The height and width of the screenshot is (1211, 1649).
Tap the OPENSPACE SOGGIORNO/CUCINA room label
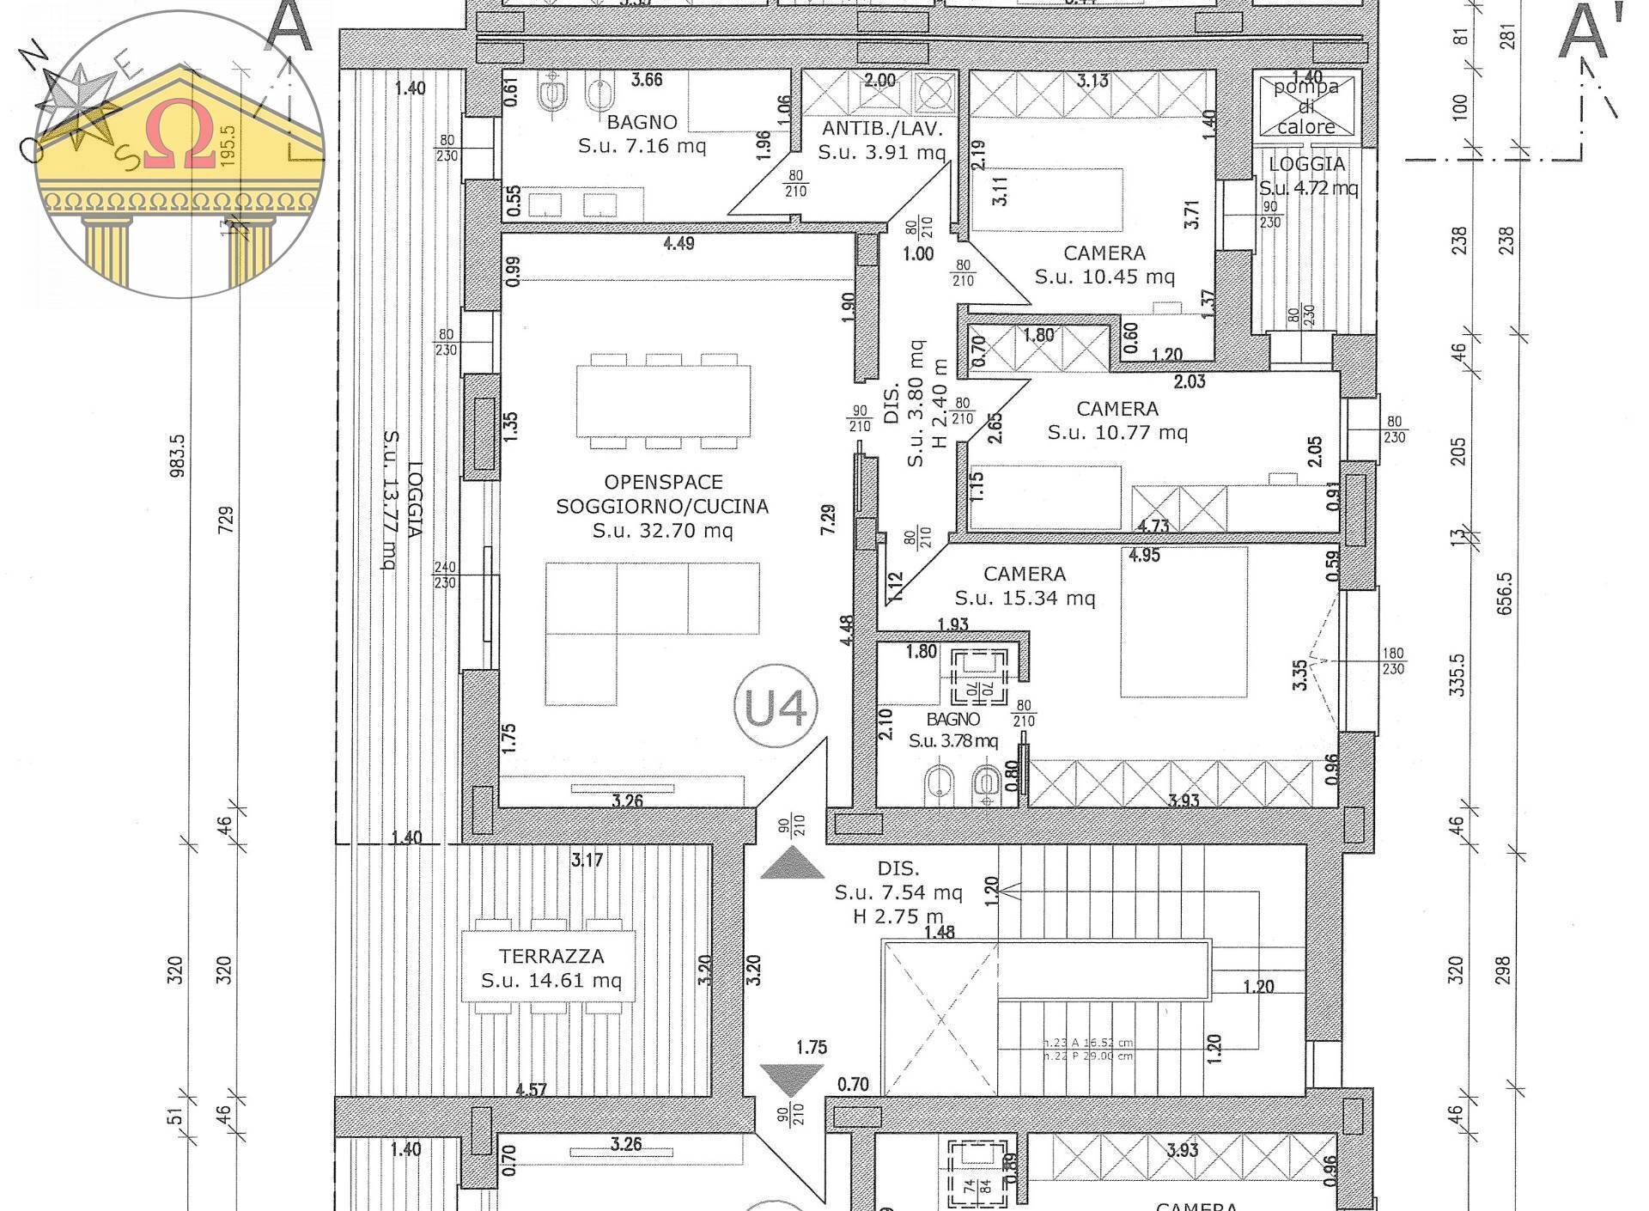pyautogui.click(x=662, y=506)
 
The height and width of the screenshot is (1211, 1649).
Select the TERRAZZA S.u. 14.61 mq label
pyautogui.click(x=551, y=968)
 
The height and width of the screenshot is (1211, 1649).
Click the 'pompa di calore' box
pyautogui.click(x=1305, y=106)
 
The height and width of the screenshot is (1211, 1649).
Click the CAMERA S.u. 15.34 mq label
pyautogui.click(x=1025, y=585)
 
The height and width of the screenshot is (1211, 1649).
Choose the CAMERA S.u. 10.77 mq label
pyautogui.click(x=1117, y=420)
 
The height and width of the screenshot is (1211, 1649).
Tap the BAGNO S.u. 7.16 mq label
pyautogui.click(x=642, y=133)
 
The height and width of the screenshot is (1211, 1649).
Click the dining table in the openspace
pyautogui.click(x=663, y=401)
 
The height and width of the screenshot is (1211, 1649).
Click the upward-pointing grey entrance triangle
pyautogui.click(x=793, y=863)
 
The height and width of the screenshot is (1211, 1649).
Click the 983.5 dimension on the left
pyautogui.click(x=178, y=455)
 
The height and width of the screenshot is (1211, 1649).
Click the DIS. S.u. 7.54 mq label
pyautogui.click(x=898, y=892)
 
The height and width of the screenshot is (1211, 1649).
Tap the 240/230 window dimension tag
pyautogui.click(x=445, y=575)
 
